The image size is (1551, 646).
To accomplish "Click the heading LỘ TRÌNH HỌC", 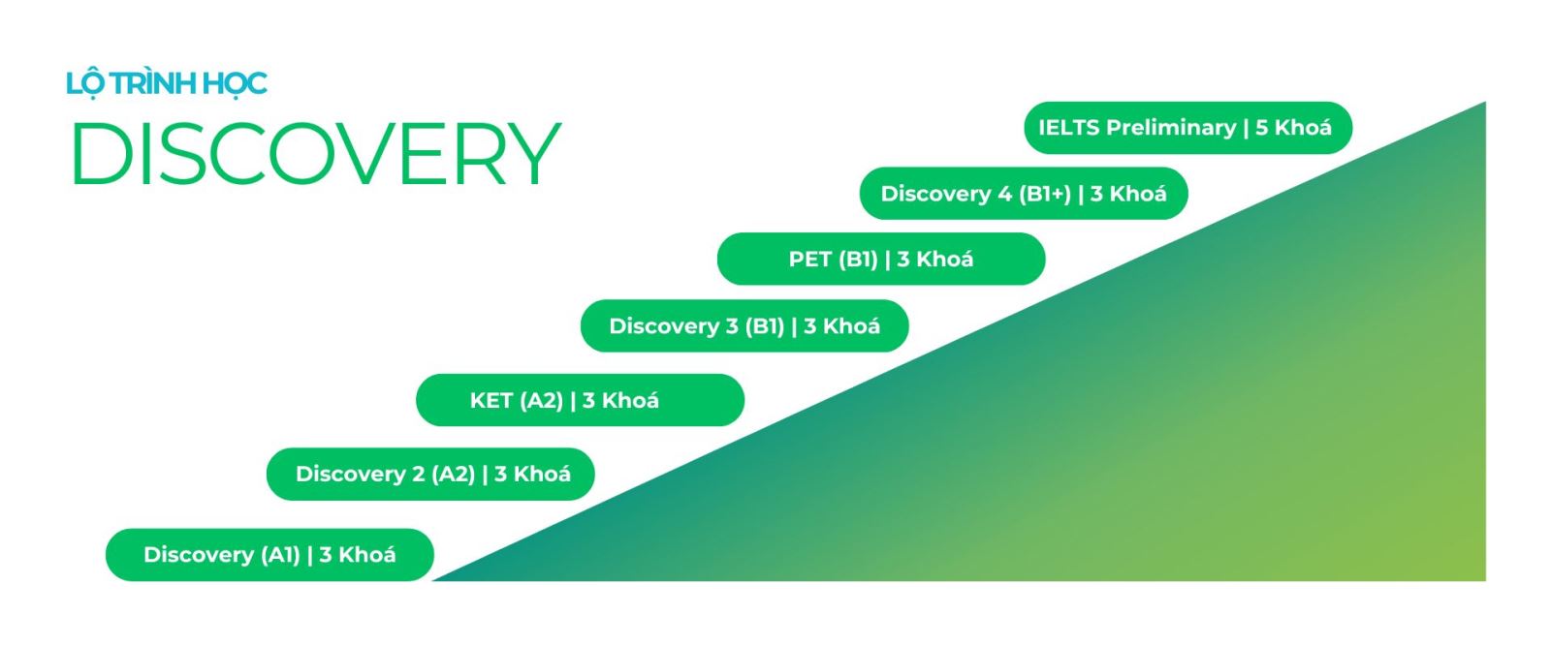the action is tap(166, 83).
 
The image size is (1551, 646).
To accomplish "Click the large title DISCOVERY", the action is tap(316, 154).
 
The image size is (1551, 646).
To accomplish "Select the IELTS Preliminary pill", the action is tap(1188, 128).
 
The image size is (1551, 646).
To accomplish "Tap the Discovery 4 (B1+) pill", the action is tap(1024, 194).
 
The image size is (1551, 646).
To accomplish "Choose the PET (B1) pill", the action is tap(881, 259).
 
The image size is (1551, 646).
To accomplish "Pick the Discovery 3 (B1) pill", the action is tap(744, 325).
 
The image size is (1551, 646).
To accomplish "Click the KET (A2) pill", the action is tap(581, 400).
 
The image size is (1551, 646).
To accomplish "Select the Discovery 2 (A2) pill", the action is tap(430, 474).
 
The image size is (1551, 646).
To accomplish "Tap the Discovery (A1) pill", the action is tap(270, 555).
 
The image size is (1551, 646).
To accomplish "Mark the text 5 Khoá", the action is tap(1293, 127).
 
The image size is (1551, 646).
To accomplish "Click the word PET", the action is tap(810, 260).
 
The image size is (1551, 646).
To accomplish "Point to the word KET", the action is tap(491, 400).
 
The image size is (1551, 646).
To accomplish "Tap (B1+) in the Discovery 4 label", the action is tap(1045, 195).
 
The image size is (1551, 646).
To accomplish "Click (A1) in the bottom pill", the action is tap(280, 555).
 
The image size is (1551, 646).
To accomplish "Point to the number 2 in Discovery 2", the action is tap(418, 474).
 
